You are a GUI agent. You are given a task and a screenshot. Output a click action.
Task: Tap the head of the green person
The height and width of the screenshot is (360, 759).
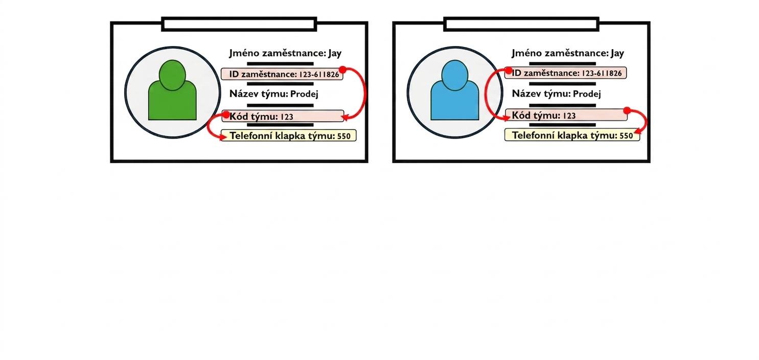(172, 75)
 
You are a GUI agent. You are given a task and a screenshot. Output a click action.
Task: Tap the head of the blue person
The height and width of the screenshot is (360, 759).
(455, 75)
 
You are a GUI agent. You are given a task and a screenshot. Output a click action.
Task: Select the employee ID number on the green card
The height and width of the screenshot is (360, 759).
(319, 75)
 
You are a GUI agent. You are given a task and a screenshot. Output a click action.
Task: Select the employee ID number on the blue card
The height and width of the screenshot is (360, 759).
(602, 73)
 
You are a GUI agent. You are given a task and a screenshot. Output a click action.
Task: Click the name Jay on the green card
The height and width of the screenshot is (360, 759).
(335, 54)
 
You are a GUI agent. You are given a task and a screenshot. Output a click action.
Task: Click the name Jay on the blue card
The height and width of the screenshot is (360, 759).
(617, 54)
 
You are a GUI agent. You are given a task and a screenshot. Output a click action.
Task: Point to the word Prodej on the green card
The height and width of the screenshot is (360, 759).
(304, 94)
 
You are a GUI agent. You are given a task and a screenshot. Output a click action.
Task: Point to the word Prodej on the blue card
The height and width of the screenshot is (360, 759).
(587, 94)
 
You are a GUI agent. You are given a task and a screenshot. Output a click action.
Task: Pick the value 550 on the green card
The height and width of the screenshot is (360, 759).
(344, 136)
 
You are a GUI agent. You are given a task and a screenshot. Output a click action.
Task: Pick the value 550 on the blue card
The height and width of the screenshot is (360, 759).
(626, 136)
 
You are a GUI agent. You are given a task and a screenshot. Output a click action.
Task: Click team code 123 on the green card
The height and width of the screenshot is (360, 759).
(287, 117)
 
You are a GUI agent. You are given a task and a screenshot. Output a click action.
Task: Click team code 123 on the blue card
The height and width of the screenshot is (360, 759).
(569, 116)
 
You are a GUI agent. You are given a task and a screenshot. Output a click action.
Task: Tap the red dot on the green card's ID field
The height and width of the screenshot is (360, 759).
(342, 70)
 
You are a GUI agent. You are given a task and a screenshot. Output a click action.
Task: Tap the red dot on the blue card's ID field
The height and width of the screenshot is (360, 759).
(509, 71)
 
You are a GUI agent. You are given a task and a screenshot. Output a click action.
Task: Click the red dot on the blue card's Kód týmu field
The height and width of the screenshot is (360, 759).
(627, 110)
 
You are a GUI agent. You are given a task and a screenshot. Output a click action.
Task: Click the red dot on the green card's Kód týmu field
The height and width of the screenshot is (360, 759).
(226, 115)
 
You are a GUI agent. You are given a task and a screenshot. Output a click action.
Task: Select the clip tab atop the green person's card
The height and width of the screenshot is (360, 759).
(239, 25)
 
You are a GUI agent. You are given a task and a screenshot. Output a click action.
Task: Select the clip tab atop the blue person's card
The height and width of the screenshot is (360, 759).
(521, 25)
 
